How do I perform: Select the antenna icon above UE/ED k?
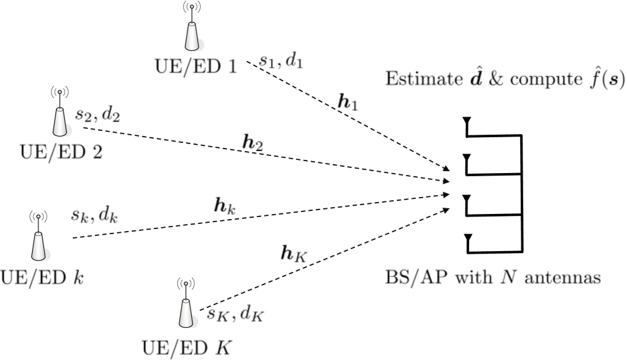click(38, 237)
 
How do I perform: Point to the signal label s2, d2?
click(97, 115)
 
